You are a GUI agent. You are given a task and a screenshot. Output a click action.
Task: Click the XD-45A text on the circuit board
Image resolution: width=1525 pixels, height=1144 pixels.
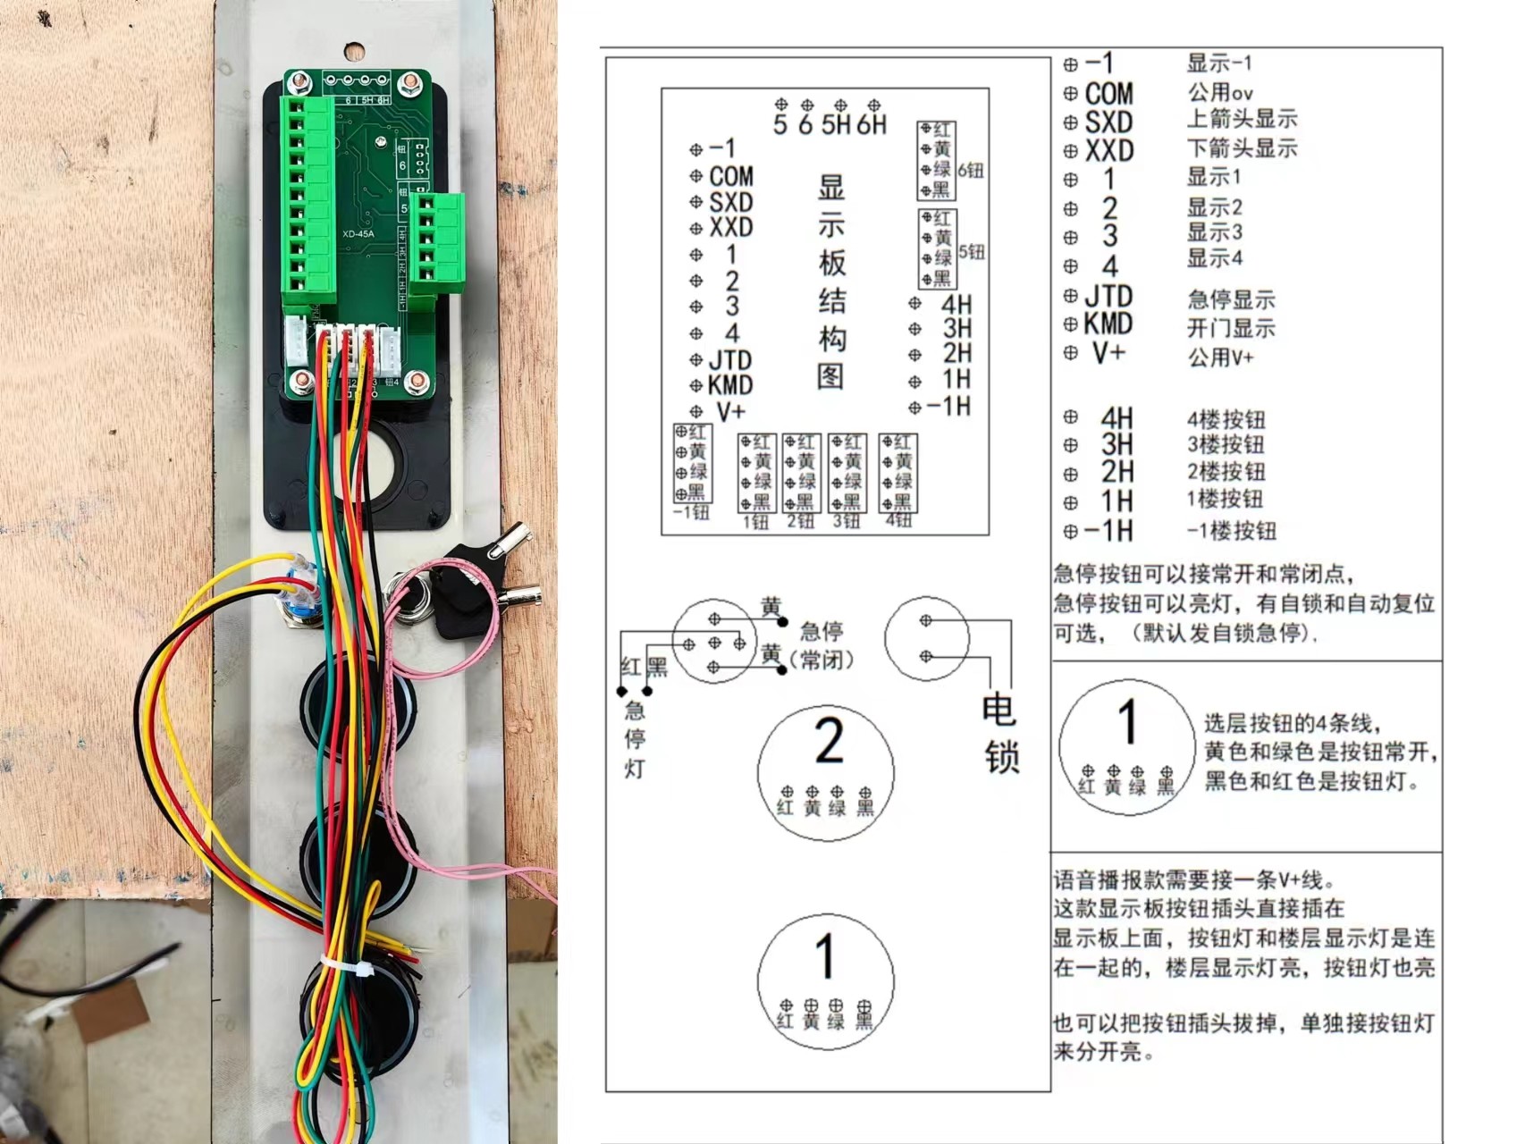358,234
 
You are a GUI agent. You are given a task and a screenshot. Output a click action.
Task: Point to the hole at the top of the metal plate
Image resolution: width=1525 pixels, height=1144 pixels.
355,51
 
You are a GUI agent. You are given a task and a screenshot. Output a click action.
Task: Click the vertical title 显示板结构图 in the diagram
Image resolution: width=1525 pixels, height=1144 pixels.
831,282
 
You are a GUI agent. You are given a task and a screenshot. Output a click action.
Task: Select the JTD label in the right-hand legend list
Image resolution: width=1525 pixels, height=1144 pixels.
1108,296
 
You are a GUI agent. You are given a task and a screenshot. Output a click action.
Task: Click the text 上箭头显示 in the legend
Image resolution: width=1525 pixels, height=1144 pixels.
1242,119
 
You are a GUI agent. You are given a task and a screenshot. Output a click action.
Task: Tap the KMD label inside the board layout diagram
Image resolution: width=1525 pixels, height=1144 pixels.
730,385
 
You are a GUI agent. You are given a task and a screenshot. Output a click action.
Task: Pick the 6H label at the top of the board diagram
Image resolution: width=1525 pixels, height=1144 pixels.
872,124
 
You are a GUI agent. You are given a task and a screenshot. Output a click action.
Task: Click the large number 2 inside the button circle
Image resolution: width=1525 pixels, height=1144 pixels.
829,742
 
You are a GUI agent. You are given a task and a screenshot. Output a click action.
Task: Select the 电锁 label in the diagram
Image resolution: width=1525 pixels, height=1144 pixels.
1000,733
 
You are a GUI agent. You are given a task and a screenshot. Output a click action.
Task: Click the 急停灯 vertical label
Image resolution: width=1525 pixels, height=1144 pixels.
635,739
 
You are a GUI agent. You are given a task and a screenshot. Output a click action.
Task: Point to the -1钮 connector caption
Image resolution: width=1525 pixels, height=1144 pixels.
691,513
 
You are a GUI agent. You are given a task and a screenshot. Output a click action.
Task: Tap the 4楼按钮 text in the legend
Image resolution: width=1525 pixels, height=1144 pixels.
1226,419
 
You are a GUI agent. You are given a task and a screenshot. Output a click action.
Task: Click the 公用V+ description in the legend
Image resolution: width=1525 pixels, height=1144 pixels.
1220,357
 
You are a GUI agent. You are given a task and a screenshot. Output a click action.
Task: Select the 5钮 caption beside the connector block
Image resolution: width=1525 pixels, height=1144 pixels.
972,252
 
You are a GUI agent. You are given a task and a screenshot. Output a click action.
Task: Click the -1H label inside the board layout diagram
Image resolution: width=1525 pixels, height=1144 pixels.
948,407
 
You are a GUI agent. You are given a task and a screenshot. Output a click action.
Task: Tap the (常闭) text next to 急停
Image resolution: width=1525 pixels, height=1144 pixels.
821,660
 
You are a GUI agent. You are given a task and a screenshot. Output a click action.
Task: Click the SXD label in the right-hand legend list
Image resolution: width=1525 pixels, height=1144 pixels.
1108,122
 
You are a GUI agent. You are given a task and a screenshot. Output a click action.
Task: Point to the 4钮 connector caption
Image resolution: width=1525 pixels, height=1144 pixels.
898,521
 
